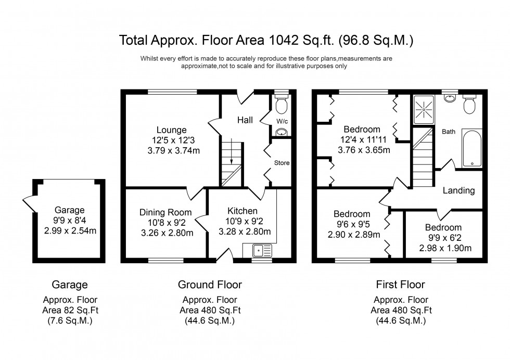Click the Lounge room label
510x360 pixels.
pos(172,130)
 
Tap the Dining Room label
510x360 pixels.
pos(165,212)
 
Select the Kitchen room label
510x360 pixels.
pos(242,211)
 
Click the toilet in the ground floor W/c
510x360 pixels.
pos(282,106)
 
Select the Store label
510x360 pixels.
pos(282,163)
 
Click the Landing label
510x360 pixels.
pos(458,190)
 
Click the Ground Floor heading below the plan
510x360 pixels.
pos(210,285)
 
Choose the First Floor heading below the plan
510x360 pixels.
pos(400,285)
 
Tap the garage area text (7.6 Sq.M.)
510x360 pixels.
pos(69,320)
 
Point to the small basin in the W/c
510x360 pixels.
pos(282,132)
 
